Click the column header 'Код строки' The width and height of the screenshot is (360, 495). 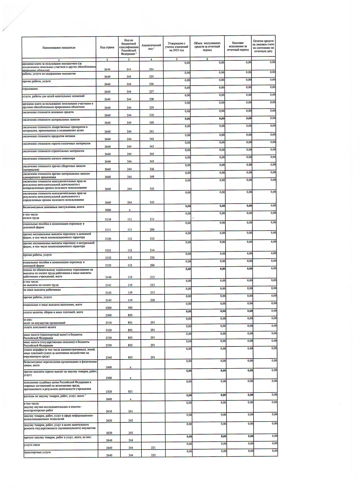coord(107,47)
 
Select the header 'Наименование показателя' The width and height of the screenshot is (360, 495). coord(59,48)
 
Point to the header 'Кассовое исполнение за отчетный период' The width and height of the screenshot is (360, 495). coord(238,46)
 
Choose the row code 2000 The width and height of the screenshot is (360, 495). coord(108,210)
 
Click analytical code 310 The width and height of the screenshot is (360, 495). coord(152,115)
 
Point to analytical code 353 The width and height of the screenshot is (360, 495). coord(152,202)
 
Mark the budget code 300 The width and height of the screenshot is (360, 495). coord(130,308)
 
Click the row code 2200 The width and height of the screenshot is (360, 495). coord(108,308)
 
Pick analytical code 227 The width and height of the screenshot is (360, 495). coord(152,92)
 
